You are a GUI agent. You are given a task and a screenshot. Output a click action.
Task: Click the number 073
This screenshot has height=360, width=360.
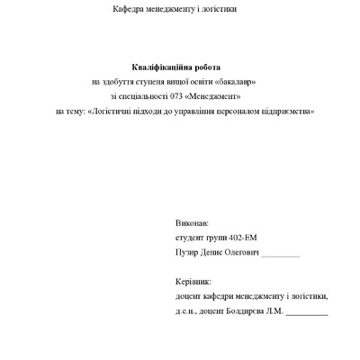(175, 96)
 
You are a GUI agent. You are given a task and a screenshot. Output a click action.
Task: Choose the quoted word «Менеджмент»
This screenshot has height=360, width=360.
(216, 96)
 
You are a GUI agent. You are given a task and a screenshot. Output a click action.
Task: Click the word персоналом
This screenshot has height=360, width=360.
(234, 111)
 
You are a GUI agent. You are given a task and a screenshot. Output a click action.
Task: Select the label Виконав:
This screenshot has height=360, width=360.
(193, 221)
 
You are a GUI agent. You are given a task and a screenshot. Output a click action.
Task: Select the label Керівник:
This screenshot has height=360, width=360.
(193, 282)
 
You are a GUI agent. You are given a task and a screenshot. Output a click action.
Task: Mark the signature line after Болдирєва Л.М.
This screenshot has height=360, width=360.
(307, 314)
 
